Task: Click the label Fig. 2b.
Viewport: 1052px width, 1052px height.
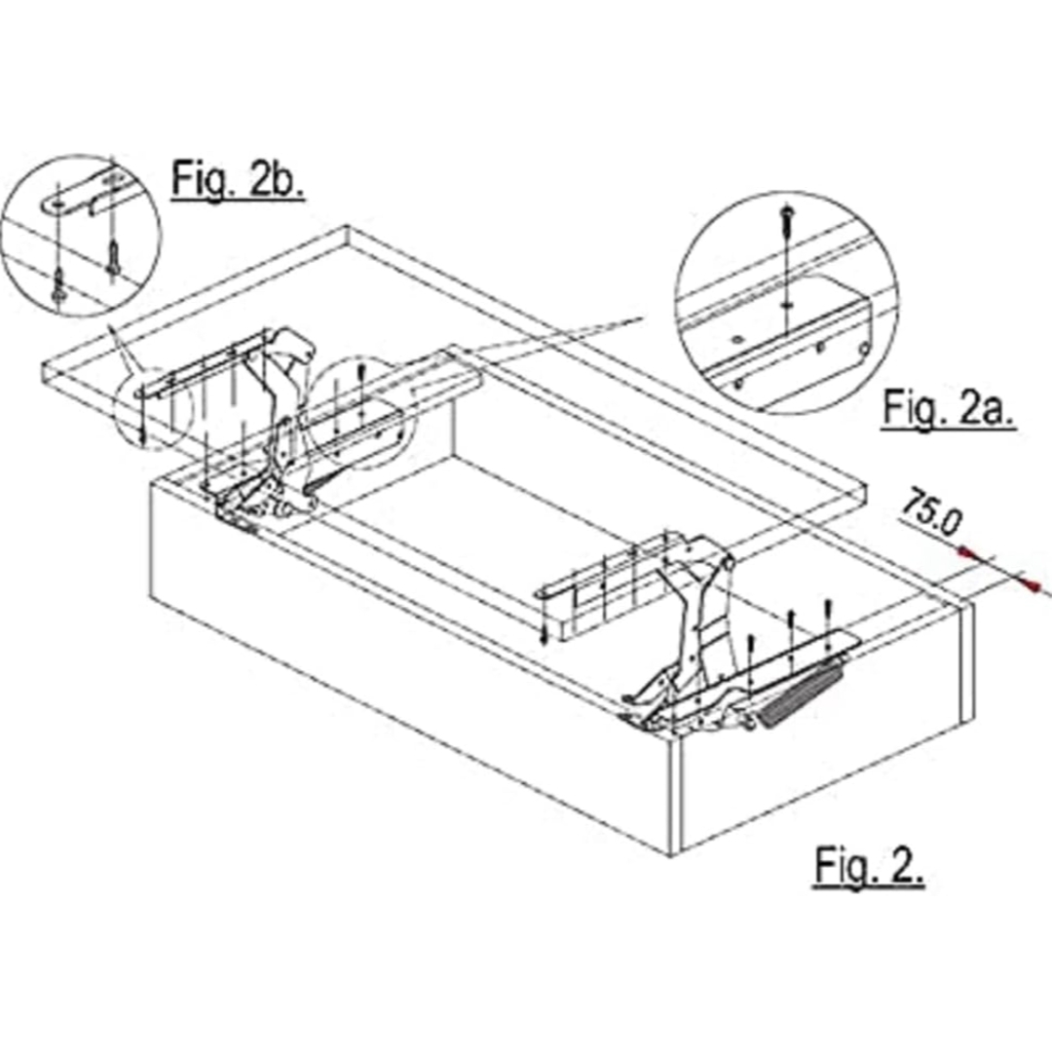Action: click(238, 179)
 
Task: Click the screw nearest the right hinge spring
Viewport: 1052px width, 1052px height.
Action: click(827, 613)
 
